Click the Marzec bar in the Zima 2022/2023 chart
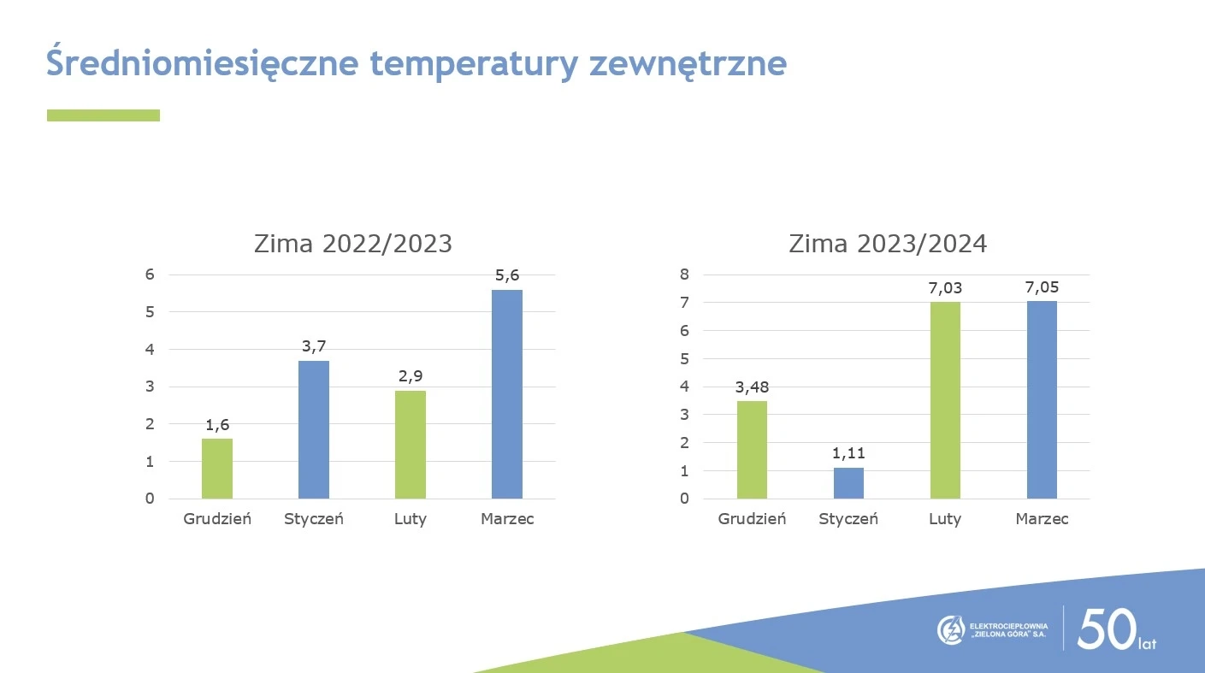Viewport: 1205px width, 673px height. [507, 394]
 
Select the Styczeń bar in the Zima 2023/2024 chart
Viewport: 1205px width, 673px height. [848, 483]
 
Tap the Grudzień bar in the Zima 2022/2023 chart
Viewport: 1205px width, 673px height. [217, 469]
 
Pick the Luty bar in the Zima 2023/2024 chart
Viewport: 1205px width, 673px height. [945, 400]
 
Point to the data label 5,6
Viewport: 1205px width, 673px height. [507, 275]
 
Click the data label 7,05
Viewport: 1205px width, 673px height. [1042, 287]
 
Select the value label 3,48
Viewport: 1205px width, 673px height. [752, 387]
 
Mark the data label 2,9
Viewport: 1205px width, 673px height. [411, 376]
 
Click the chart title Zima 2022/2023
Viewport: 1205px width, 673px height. [353, 244]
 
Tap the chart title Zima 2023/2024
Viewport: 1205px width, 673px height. [888, 244]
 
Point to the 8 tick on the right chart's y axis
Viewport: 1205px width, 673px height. [684, 275]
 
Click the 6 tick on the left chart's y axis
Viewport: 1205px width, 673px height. [150, 275]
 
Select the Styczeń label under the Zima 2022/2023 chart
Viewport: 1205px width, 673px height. [314, 518]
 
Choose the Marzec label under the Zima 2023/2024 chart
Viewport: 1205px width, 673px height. [1042, 518]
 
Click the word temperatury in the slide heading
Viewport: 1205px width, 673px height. [474, 64]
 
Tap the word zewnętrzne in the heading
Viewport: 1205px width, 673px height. [688, 64]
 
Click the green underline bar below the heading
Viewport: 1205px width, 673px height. [103, 115]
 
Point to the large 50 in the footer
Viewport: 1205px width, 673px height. [1108, 629]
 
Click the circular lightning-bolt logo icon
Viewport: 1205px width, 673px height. [951, 630]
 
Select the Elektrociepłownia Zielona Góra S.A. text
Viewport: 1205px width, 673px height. [1008, 630]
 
